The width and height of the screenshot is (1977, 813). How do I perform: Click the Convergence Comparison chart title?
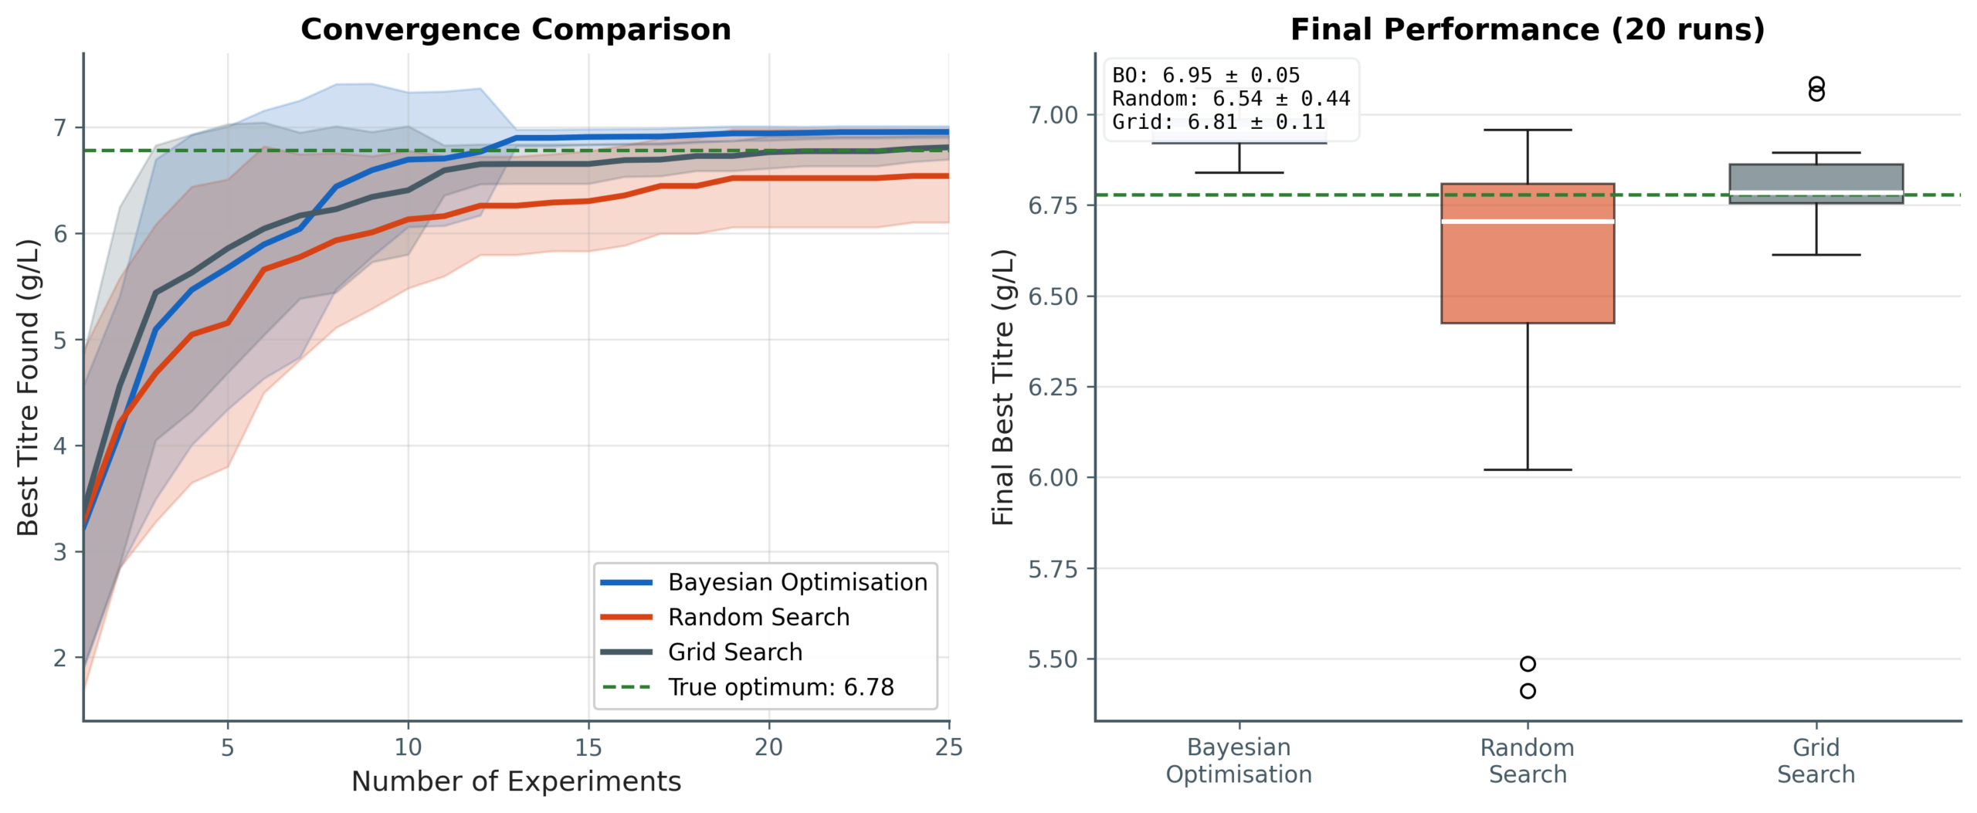tap(515, 30)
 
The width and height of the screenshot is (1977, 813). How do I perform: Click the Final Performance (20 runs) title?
tap(1527, 30)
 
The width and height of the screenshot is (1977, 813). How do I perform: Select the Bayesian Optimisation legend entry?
tap(797, 582)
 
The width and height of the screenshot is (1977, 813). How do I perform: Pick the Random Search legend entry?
tap(758, 617)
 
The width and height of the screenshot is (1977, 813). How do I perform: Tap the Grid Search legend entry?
tap(734, 652)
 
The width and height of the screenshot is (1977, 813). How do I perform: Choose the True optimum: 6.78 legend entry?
tap(780, 687)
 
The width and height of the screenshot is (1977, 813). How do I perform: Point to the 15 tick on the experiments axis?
tap(588, 747)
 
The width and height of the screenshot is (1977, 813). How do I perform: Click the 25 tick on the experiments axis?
tap(949, 747)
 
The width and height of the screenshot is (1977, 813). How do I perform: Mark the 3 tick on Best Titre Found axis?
tap(60, 552)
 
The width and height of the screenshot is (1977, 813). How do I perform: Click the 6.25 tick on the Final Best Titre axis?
tap(1053, 387)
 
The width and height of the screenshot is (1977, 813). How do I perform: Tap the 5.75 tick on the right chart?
tap(1053, 569)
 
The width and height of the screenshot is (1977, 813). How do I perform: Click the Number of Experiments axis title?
tap(516, 781)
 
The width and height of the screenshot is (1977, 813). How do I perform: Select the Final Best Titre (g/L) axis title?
tap(1002, 388)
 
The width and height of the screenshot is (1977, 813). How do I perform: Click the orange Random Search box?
tap(1527, 270)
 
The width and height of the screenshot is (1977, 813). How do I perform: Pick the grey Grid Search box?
tap(1816, 178)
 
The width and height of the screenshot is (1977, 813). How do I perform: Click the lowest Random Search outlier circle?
tap(1527, 691)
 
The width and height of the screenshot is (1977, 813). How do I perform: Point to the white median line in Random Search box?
tap(1527, 222)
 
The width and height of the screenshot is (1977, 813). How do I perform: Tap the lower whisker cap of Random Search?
tap(1527, 469)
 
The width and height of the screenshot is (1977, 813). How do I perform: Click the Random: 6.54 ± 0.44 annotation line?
tap(1230, 99)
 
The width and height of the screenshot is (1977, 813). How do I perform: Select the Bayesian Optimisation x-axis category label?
tap(1239, 760)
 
